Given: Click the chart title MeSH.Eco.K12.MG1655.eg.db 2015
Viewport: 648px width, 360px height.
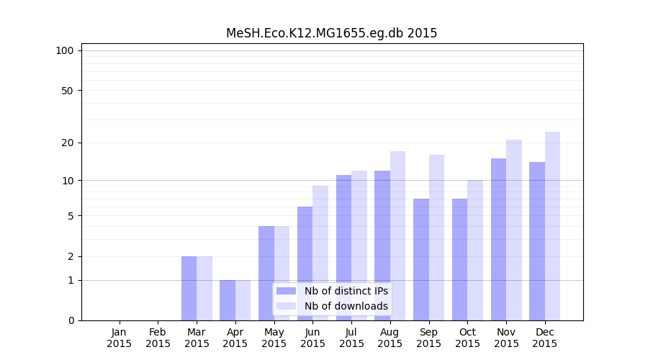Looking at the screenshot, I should [x=331, y=33].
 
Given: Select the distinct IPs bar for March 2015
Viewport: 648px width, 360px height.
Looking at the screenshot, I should [x=189, y=288].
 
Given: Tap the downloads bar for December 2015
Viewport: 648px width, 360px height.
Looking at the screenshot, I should [x=552, y=226].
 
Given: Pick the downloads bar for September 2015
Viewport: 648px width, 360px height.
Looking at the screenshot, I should [x=436, y=238].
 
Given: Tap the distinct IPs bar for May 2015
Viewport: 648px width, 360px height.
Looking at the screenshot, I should [x=266, y=273].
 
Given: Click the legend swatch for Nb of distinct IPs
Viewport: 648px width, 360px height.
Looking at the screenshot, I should [x=286, y=291].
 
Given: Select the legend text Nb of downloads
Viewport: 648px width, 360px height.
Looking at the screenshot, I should [x=346, y=306].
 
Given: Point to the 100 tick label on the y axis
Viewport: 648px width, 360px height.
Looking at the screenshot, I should [x=65, y=50].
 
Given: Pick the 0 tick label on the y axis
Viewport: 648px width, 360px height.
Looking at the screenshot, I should [x=71, y=320].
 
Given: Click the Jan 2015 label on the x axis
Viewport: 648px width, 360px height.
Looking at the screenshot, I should [x=120, y=338].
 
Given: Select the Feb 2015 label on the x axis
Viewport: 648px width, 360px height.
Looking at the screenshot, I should [x=158, y=338].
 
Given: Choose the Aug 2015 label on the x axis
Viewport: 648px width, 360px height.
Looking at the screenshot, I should [x=390, y=338].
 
